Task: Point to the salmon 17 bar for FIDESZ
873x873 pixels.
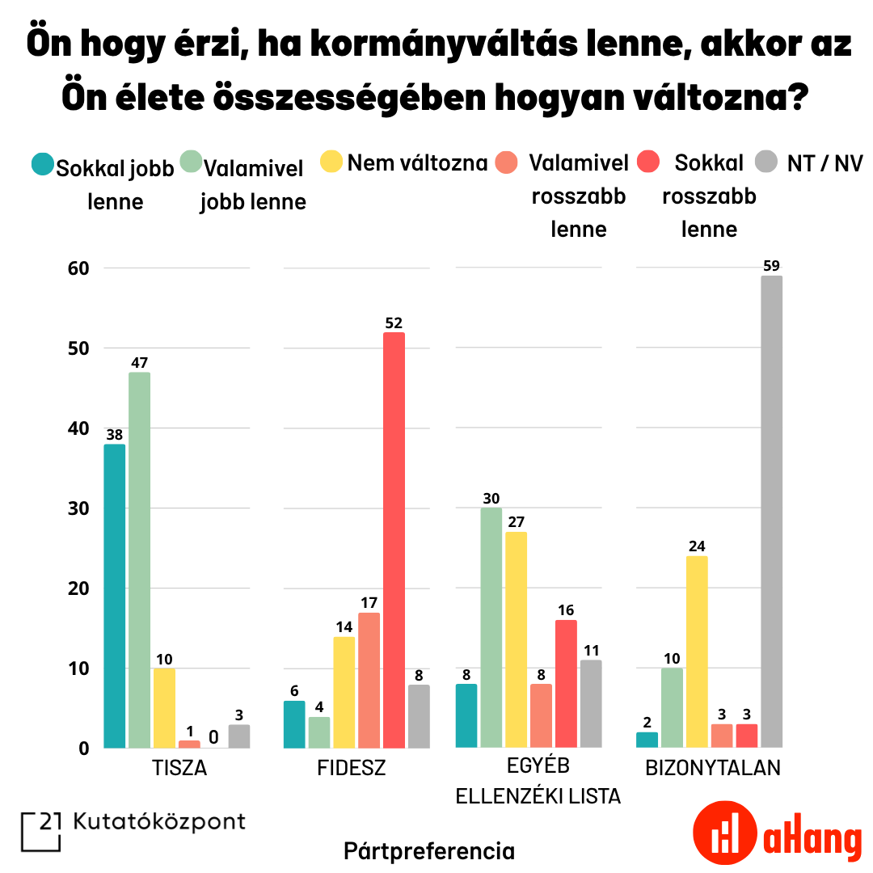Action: click(369, 680)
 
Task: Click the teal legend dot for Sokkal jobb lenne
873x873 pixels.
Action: click(42, 165)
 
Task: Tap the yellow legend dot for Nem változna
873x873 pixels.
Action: click(332, 162)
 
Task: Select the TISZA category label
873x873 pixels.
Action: click(179, 768)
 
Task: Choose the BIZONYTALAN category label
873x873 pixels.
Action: click(713, 768)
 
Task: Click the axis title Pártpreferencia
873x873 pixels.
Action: click(428, 850)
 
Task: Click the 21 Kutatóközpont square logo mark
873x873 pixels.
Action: click(40, 831)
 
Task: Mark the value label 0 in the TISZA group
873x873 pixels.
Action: click(213, 737)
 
